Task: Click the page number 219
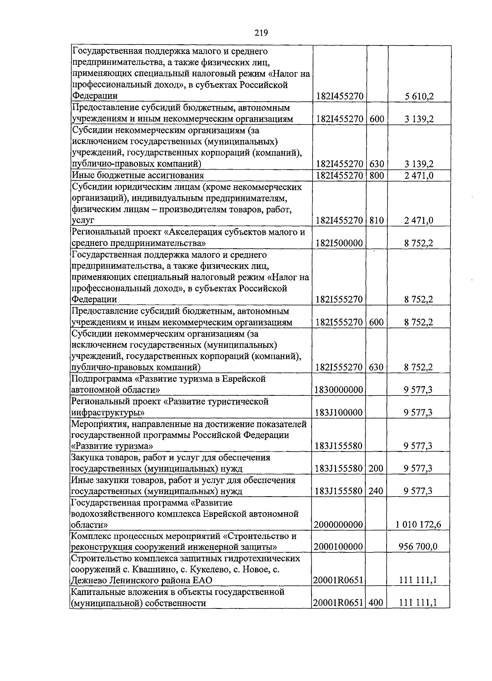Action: click(261, 33)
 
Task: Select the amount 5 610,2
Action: click(419, 96)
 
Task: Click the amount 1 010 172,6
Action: click(418, 524)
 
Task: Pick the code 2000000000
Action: click(339, 524)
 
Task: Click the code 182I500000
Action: click(339, 243)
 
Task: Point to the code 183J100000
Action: click(339, 412)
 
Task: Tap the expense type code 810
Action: click(376, 220)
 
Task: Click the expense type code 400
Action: click(376, 602)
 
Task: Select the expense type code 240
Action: click(376, 490)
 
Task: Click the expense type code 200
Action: click(376, 468)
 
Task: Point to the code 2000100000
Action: click(339, 547)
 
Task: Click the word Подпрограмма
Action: click(101, 379)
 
